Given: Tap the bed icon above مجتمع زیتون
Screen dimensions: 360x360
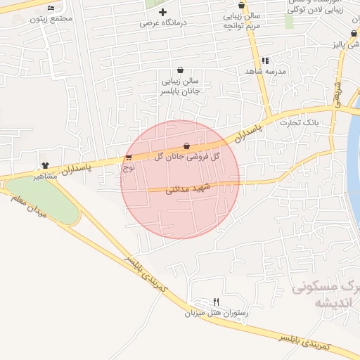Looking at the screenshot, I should pyautogui.click(x=51, y=8).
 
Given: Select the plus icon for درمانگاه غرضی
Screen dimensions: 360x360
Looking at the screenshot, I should pyautogui.click(x=162, y=12).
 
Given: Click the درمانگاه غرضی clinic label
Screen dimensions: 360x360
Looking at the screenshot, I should pyautogui.click(x=162, y=22).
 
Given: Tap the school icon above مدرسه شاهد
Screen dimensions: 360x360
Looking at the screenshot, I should pyautogui.click(x=265, y=60).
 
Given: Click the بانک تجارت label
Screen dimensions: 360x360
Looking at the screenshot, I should pyautogui.click(x=300, y=122).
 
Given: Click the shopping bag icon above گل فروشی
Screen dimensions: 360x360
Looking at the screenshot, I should pyautogui.click(x=186, y=146).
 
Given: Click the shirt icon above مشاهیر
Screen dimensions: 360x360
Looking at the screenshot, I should pyautogui.click(x=46, y=165).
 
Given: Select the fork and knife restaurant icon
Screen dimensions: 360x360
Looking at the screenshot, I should pyautogui.click(x=216, y=302).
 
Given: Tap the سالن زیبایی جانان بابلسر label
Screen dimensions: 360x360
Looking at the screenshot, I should pyautogui.click(x=181, y=86).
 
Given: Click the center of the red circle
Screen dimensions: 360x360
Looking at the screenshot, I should pyautogui.click(x=181, y=179).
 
